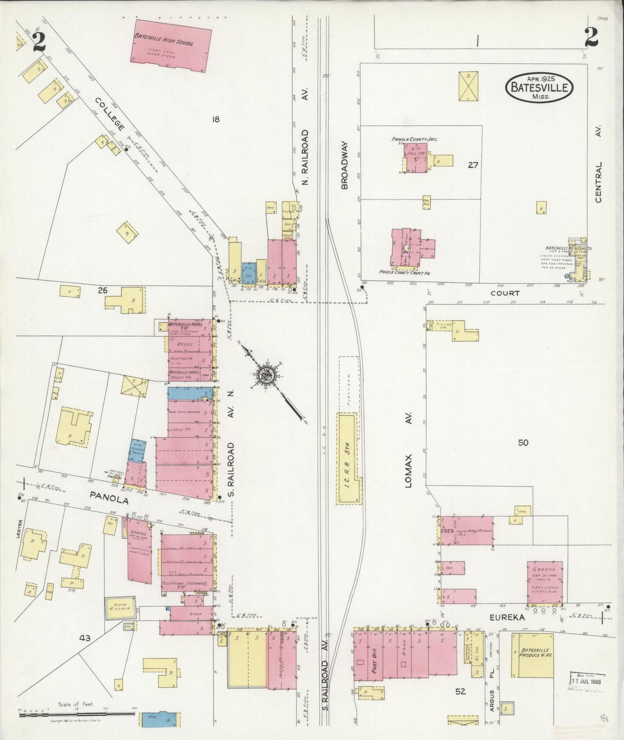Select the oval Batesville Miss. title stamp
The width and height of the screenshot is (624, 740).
click(x=539, y=87)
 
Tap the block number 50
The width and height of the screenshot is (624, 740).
click(x=523, y=443)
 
